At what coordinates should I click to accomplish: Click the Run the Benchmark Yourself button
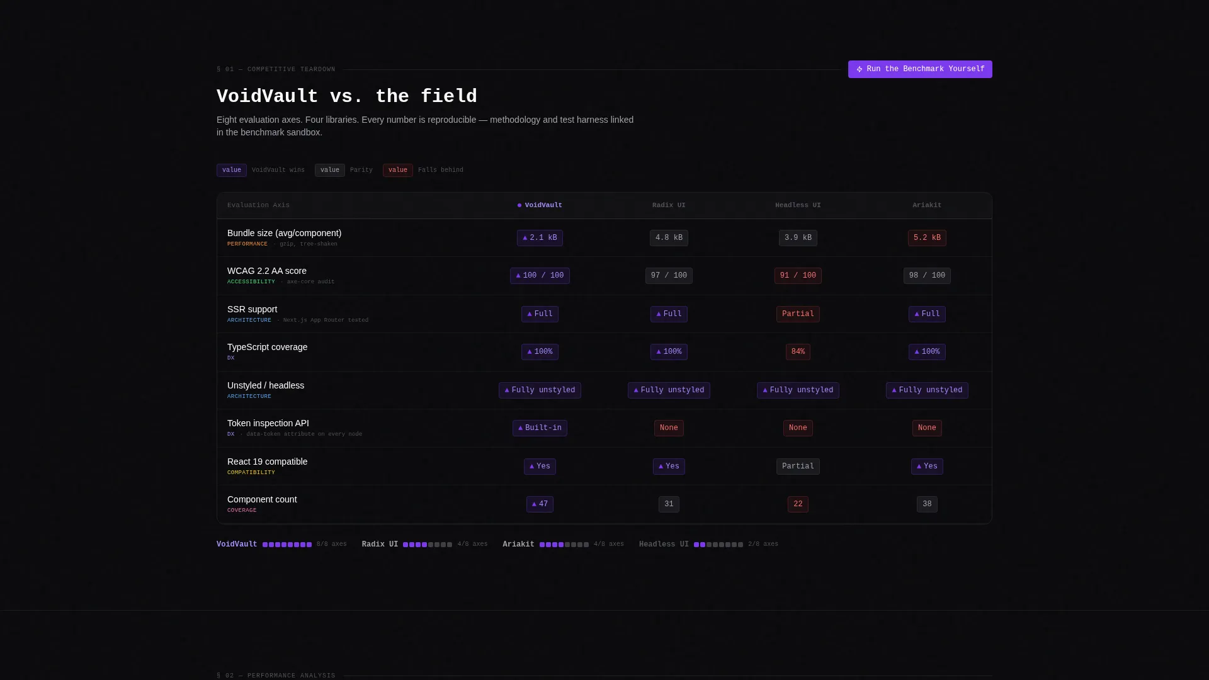click(x=920, y=69)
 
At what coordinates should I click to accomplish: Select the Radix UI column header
click(x=669, y=205)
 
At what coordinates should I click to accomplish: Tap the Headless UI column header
click(x=798, y=205)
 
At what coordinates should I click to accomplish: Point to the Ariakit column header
click(x=927, y=205)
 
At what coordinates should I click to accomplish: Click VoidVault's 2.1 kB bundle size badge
click(x=540, y=238)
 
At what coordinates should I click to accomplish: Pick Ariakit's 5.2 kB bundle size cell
click(x=927, y=238)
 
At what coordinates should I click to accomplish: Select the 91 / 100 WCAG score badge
click(x=798, y=276)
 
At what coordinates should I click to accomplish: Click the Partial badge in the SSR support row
click(x=798, y=314)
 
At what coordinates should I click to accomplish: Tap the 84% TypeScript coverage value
click(x=798, y=352)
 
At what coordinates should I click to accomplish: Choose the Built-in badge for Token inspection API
click(x=540, y=428)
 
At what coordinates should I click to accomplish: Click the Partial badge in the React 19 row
click(x=798, y=467)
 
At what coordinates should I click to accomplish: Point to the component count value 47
click(x=540, y=504)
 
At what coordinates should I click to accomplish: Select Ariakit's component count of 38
click(x=927, y=504)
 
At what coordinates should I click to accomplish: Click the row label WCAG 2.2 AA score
click(x=267, y=271)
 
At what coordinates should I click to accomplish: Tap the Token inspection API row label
click(x=268, y=424)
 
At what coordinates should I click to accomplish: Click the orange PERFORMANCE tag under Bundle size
click(x=247, y=244)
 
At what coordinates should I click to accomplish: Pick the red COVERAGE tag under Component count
click(x=242, y=511)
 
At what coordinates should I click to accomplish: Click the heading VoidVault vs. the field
click(x=347, y=96)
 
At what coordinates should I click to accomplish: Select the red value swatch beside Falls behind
click(x=398, y=171)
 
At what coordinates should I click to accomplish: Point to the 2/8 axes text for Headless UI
click(x=763, y=545)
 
